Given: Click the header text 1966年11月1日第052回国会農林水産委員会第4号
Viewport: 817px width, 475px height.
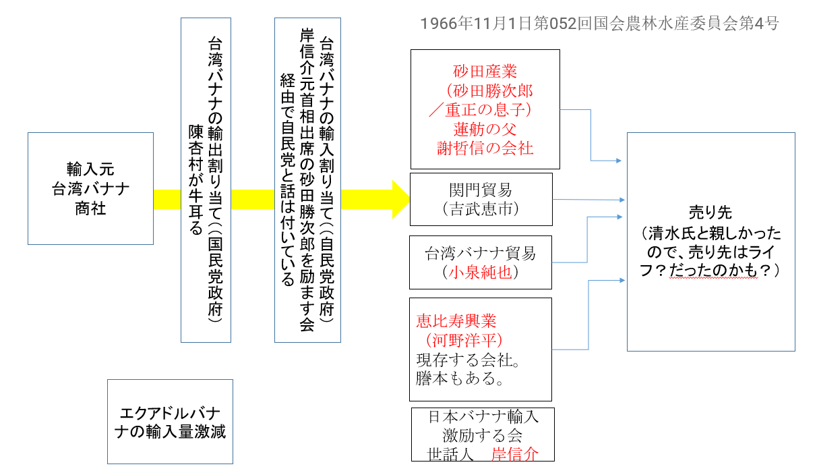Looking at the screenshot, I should tap(599, 24).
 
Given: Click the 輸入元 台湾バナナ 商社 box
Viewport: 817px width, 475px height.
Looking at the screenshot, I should tap(90, 188).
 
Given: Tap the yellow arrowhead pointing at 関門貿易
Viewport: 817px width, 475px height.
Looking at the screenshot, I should tap(400, 199).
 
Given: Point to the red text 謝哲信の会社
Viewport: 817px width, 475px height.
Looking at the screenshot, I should tap(485, 148).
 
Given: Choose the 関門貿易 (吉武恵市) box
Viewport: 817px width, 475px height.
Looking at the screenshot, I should tap(481, 199).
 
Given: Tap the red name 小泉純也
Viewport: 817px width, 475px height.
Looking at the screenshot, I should tap(481, 273).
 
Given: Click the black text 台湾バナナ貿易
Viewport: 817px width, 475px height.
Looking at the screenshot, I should tap(481, 254).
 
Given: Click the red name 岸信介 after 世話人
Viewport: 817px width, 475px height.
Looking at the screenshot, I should tap(515, 453).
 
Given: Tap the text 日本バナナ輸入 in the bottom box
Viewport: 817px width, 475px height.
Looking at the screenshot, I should tap(483, 417).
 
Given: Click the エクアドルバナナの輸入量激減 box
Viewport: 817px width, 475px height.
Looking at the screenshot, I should tap(170, 422).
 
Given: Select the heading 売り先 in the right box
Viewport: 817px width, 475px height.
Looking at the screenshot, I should tap(710, 211).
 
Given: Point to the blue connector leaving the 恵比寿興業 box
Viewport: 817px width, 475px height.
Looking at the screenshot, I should tap(573, 349).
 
